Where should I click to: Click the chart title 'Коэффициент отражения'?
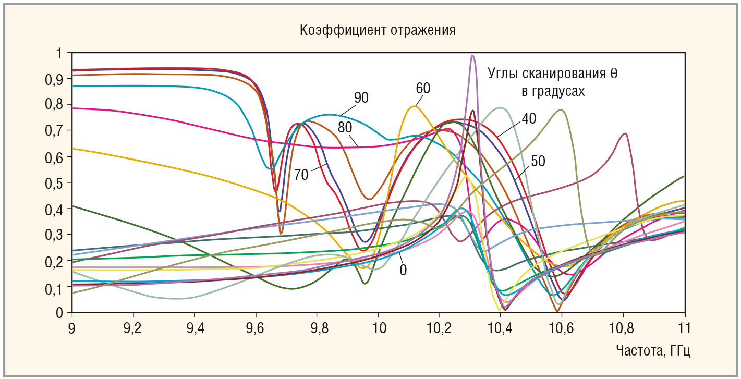click(378, 30)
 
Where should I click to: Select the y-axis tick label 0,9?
click(55, 79)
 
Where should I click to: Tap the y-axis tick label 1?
click(59, 53)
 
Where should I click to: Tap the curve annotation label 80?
click(345, 127)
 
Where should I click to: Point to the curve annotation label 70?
click(301, 175)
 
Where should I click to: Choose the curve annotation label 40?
click(529, 118)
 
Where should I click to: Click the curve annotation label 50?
click(538, 162)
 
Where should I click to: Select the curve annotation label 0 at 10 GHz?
click(403, 270)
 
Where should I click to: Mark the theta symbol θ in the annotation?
click(614, 73)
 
